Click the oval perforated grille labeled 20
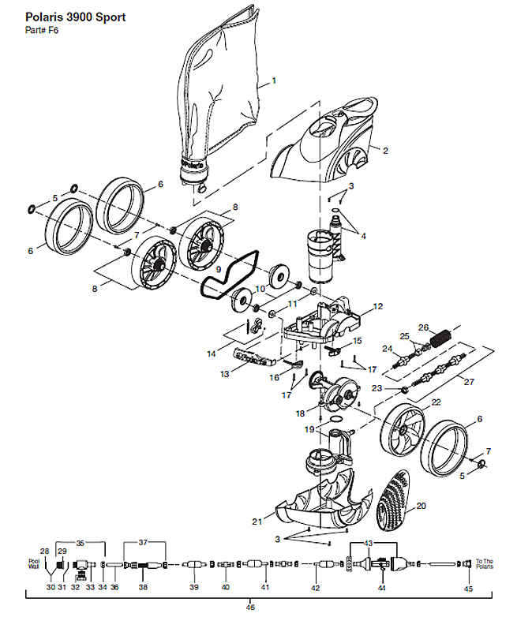coord(395,506)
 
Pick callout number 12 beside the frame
coord(377,306)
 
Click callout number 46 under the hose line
coord(251,607)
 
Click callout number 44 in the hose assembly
coord(381,588)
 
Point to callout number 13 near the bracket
coord(226,373)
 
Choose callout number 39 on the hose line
coord(193,587)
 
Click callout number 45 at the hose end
coord(468,588)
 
